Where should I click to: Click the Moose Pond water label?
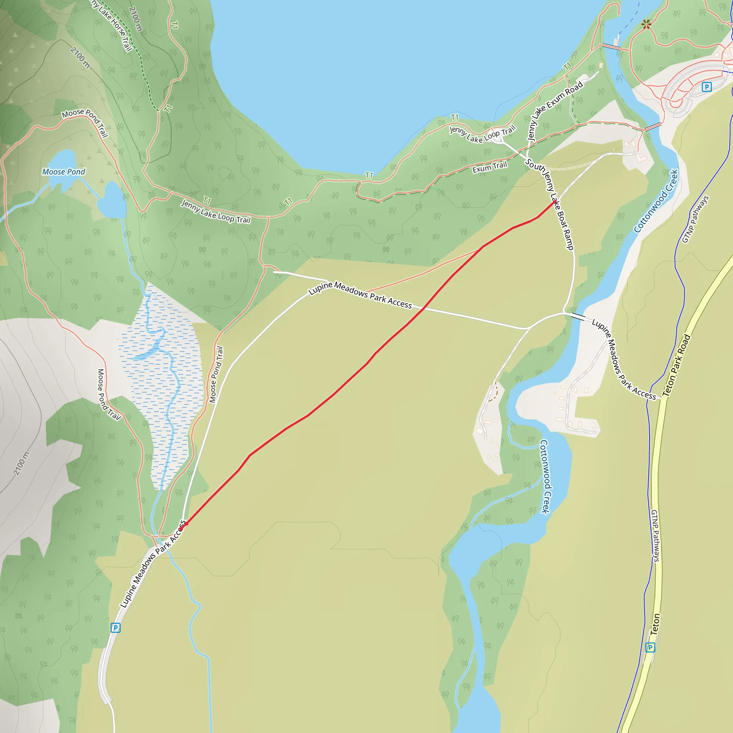click(x=64, y=172)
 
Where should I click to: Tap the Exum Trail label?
click(x=489, y=167)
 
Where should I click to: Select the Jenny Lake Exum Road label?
click(x=555, y=110)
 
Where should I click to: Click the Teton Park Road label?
click(x=677, y=365)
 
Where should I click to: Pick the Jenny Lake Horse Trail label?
click(x=112, y=25)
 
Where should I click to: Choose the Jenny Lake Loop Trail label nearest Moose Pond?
click(x=216, y=211)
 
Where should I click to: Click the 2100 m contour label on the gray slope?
click(x=21, y=463)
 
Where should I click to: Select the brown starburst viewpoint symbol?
click(x=646, y=25)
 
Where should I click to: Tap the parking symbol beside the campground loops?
click(x=706, y=87)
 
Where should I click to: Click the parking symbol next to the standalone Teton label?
click(x=650, y=647)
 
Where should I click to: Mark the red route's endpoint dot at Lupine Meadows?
click(x=185, y=524)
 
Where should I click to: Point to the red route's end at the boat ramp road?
click(x=555, y=202)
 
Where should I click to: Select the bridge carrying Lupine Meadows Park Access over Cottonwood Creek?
click(x=578, y=317)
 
